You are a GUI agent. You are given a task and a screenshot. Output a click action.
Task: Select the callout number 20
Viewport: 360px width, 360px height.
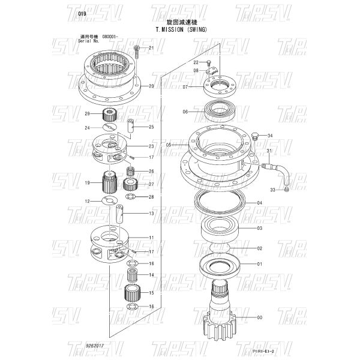[151, 86]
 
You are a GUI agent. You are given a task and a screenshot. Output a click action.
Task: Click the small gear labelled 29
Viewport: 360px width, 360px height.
[109, 114]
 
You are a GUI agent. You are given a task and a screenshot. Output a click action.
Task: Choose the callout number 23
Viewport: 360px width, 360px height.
[151, 146]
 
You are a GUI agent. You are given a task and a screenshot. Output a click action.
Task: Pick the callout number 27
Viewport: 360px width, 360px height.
[151, 184]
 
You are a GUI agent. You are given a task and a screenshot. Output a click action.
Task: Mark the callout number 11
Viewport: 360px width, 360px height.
[151, 238]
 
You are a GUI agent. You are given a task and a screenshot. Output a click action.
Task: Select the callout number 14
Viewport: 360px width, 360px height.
[151, 275]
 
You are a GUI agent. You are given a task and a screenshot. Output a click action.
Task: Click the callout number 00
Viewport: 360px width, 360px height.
[259, 317]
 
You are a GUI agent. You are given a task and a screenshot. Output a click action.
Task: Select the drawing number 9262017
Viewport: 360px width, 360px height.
[95, 346]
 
